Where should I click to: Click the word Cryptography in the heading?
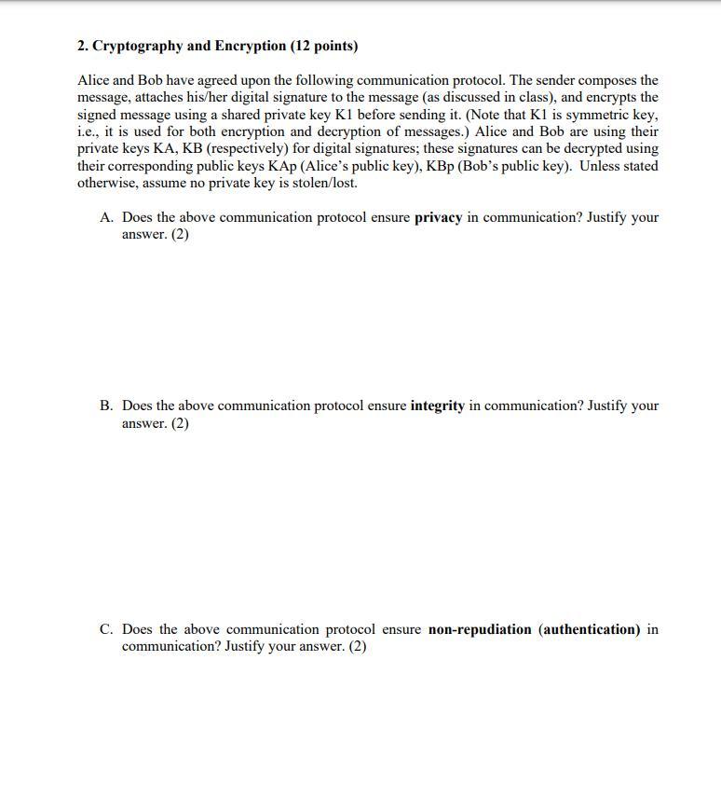coord(136,46)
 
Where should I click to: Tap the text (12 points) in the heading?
coord(324,46)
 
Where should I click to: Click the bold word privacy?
coord(438,217)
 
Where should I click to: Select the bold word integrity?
coord(437,406)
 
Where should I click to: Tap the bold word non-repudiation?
coord(480,629)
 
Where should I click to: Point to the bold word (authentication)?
coord(590,629)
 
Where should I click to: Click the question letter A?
coord(106,217)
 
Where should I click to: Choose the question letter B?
coord(106,406)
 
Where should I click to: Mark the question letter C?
coord(106,629)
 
